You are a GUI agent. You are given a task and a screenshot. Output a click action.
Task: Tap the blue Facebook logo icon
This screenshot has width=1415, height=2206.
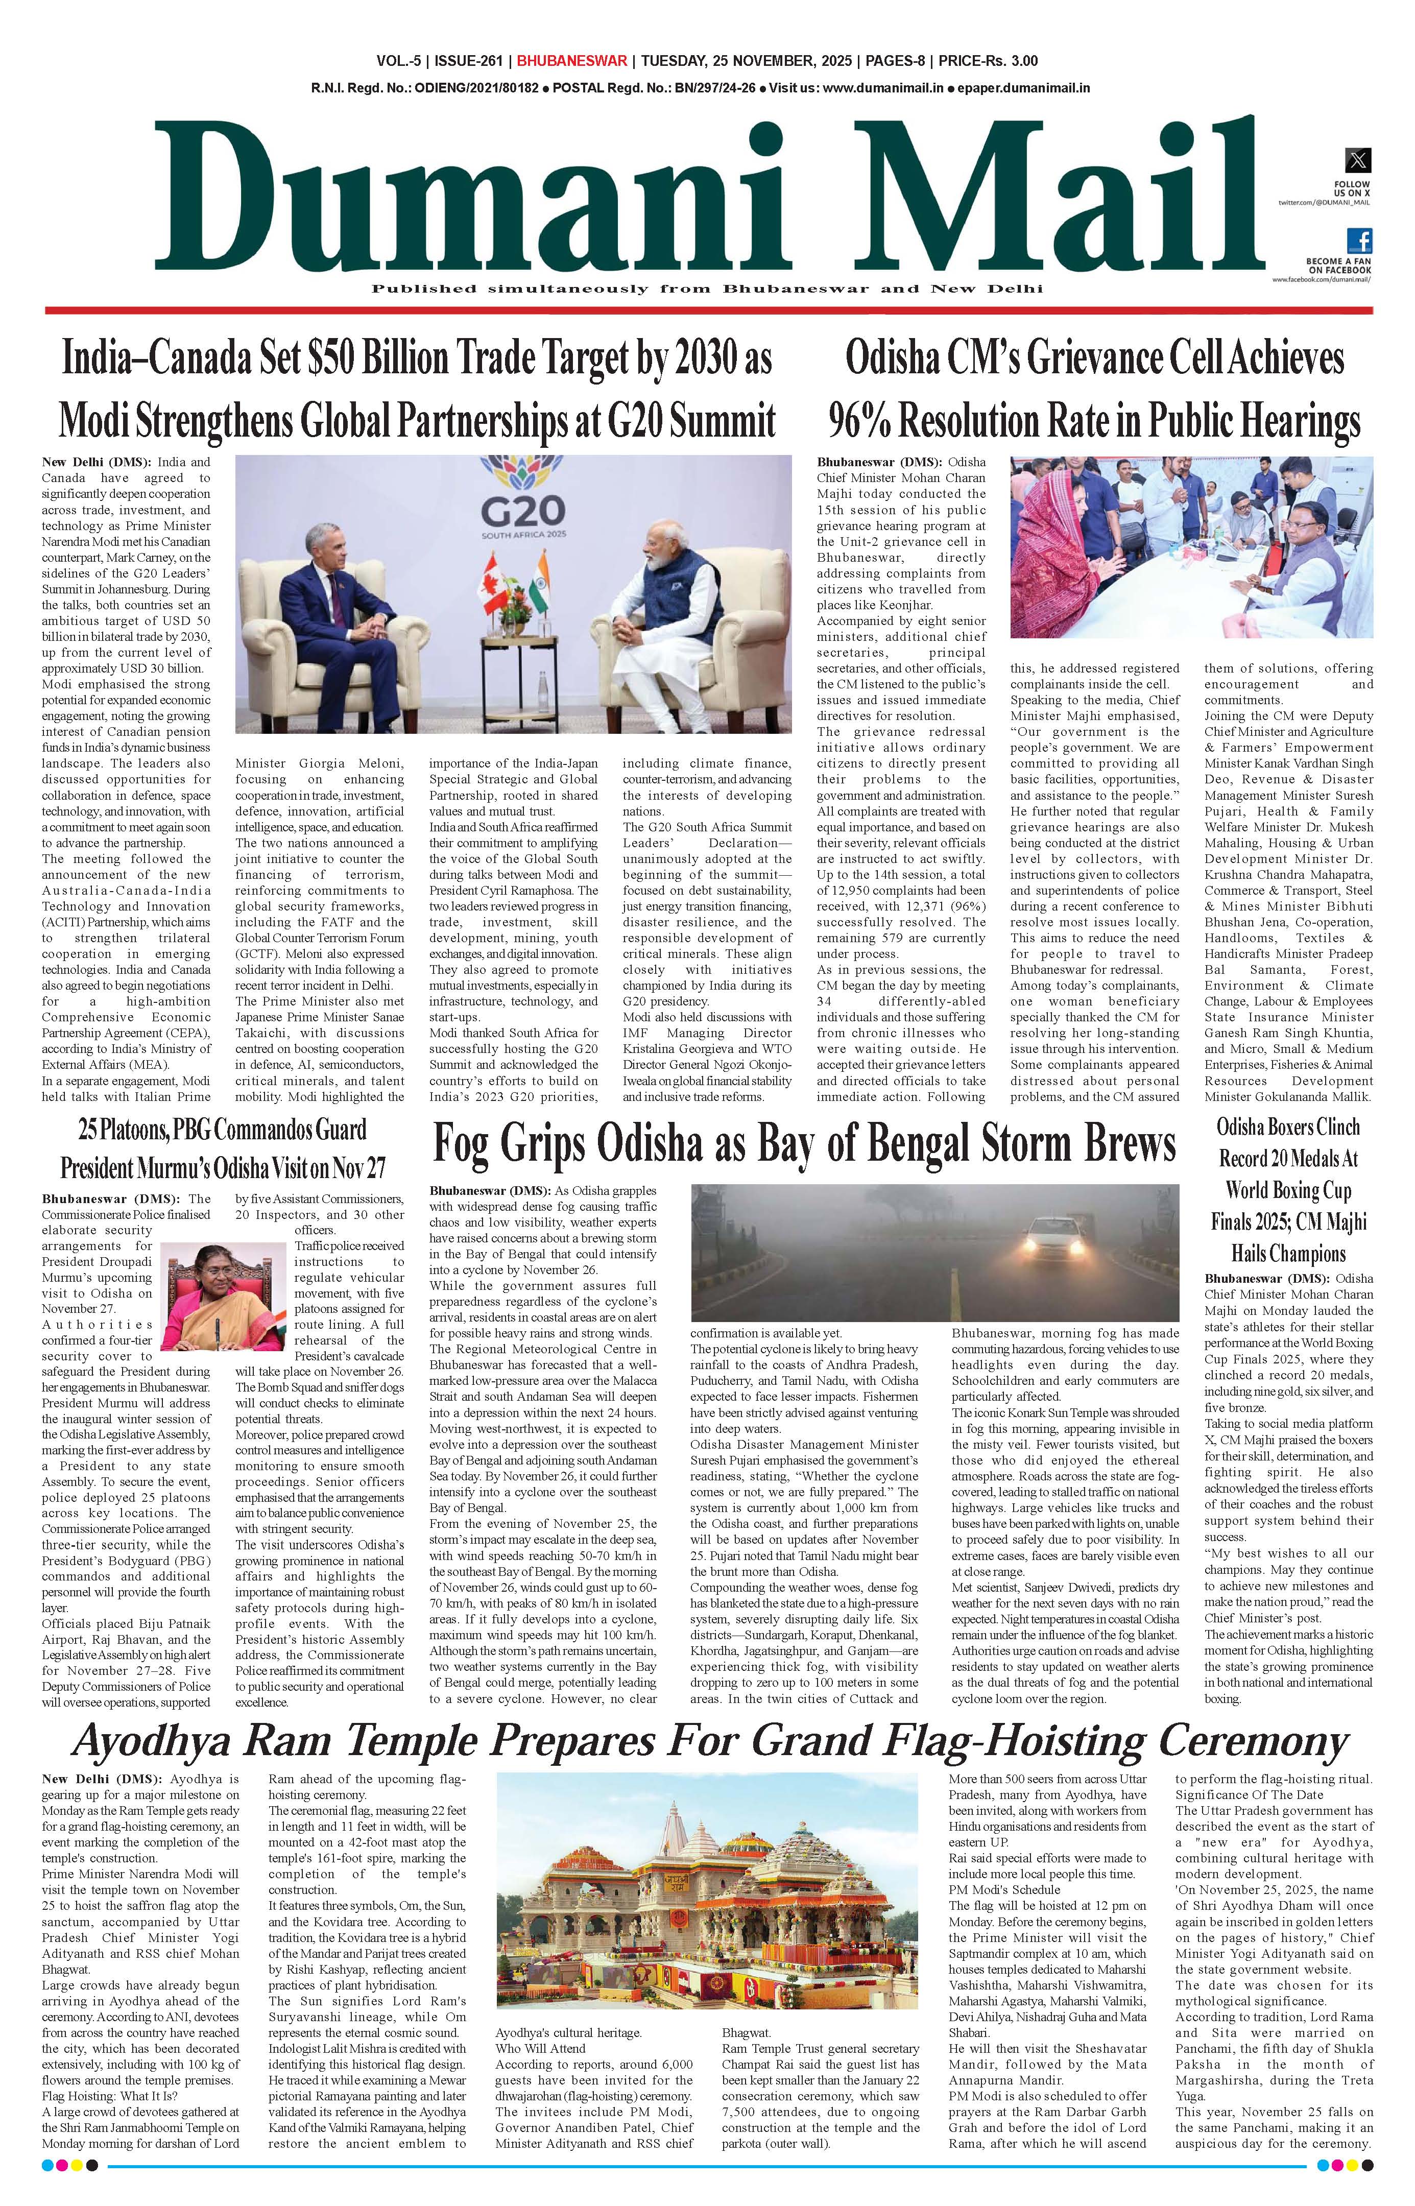tap(1359, 241)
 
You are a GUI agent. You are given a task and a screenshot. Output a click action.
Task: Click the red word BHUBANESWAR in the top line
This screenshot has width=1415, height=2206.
tap(571, 62)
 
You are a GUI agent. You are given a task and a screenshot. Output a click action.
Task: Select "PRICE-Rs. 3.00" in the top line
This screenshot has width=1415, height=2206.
tap(987, 62)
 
